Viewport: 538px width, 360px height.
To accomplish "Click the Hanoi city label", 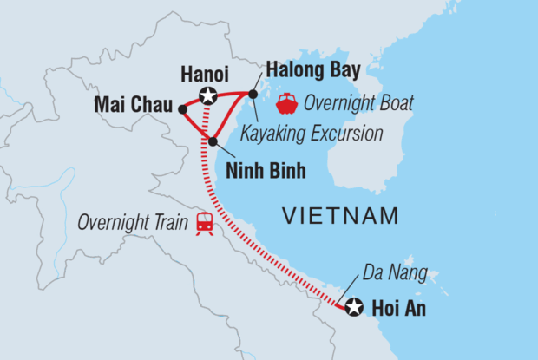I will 204,75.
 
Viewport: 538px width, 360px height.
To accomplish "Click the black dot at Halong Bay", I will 253,94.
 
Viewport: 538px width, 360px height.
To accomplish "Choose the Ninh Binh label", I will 266,170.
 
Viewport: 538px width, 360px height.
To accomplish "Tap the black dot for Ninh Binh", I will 213,141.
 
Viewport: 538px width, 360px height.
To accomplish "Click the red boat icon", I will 285,105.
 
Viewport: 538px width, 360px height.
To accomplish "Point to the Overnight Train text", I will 133,222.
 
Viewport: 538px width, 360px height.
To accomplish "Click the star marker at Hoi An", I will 352,306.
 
